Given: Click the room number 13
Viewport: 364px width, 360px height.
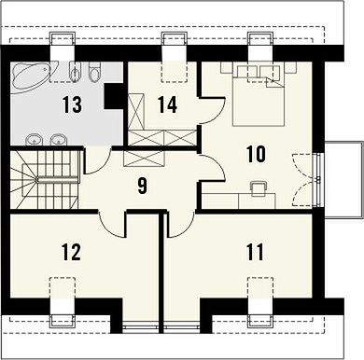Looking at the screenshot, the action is click(x=72, y=104).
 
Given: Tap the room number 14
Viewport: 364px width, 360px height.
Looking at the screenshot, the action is click(x=167, y=104).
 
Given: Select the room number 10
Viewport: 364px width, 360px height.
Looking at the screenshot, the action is click(x=256, y=154).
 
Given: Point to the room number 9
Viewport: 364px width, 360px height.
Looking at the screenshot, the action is click(x=141, y=186).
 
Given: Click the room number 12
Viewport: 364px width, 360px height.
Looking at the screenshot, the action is click(x=72, y=252).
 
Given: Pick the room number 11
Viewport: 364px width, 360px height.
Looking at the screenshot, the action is click(x=255, y=252).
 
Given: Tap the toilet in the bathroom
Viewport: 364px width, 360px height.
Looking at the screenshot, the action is click(x=94, y=70).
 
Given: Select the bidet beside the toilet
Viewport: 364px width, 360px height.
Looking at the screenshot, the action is click(x=76, y=71).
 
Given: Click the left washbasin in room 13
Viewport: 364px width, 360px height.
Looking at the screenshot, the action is click(x=34, y=139).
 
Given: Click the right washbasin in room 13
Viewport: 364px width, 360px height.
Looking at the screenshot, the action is click(x=59, y=139).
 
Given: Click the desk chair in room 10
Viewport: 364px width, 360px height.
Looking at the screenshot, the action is click(x=259, y=188).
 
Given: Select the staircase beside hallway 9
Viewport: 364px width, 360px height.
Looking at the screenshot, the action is click(x=44, y=180).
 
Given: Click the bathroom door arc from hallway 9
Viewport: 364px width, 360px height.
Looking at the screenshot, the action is click(x=98, y=161).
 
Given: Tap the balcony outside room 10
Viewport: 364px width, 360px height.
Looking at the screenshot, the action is click(x=344, y=180).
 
